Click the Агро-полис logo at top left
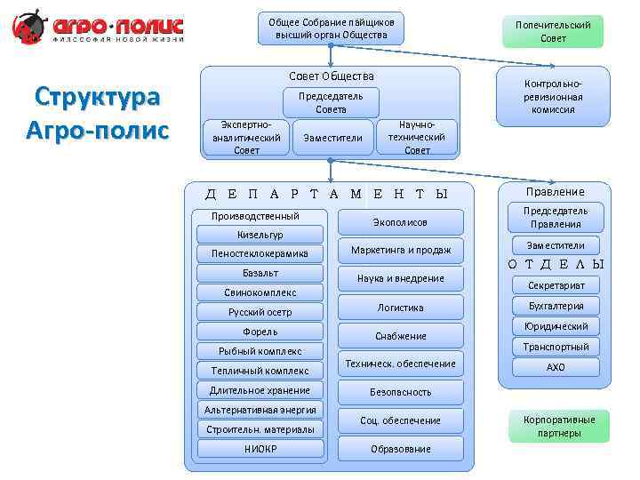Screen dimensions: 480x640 tap(98, 28)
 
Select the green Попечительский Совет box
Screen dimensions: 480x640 tap(552, 31)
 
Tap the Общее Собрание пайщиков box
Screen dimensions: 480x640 tap(332, 28)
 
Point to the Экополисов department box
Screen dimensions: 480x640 tap(400, 222)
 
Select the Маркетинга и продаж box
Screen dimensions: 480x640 tap(400, 251)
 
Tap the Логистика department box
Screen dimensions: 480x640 tap(400, 308)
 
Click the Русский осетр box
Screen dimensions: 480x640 tap(260, 312)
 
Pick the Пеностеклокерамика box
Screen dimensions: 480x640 tap(260, 253)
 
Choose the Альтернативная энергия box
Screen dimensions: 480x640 tap(260, 410)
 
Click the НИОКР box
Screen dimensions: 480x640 tap(260, 449)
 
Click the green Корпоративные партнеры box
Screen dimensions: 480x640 tap(559, 427)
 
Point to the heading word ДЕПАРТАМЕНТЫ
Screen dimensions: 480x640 tap(327, 194)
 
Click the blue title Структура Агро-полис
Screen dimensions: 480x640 tap(98, 113)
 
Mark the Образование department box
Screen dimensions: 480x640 tap(400, 449)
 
